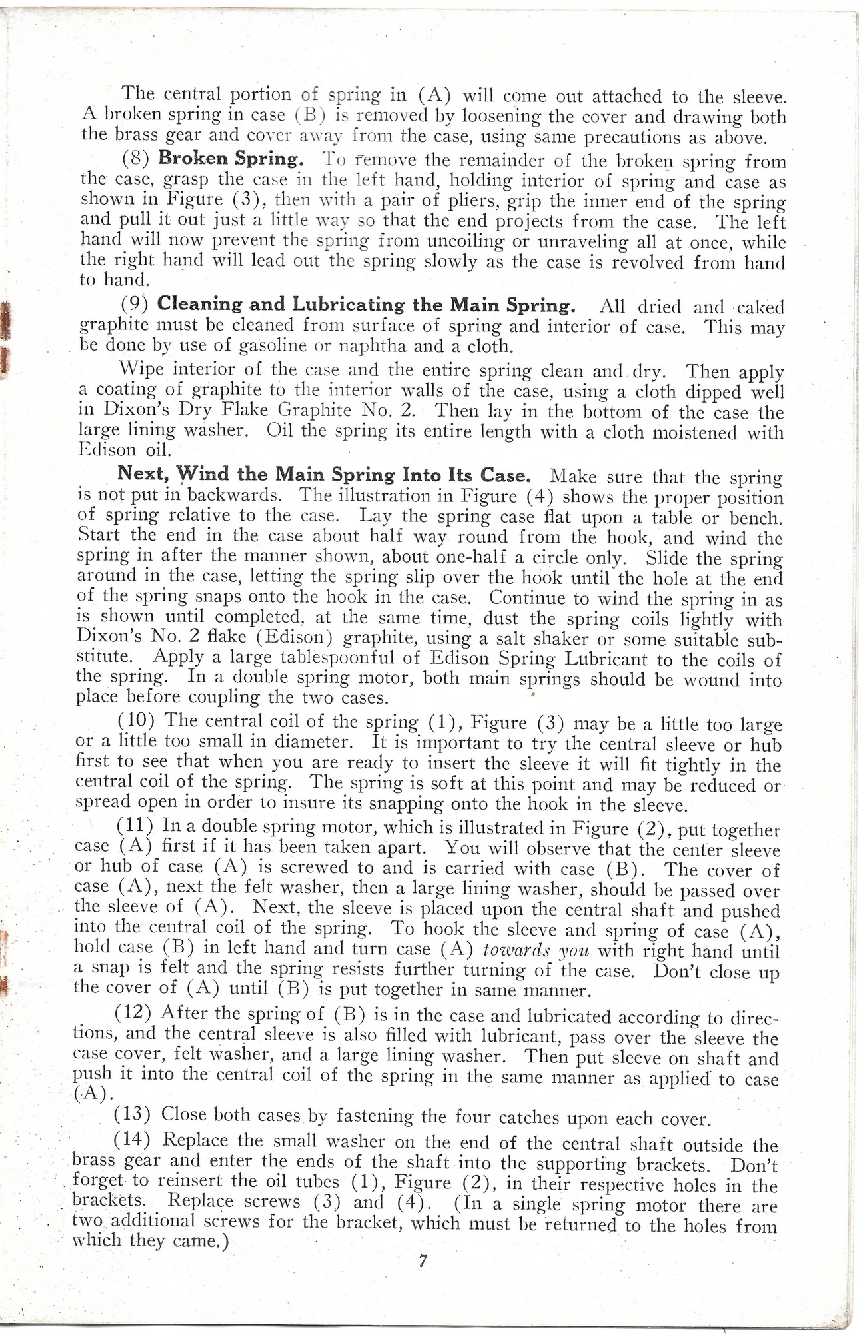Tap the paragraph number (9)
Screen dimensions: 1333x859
point(135,303)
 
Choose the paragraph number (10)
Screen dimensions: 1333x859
point(136,721)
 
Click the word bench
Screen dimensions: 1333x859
point(756,518)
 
